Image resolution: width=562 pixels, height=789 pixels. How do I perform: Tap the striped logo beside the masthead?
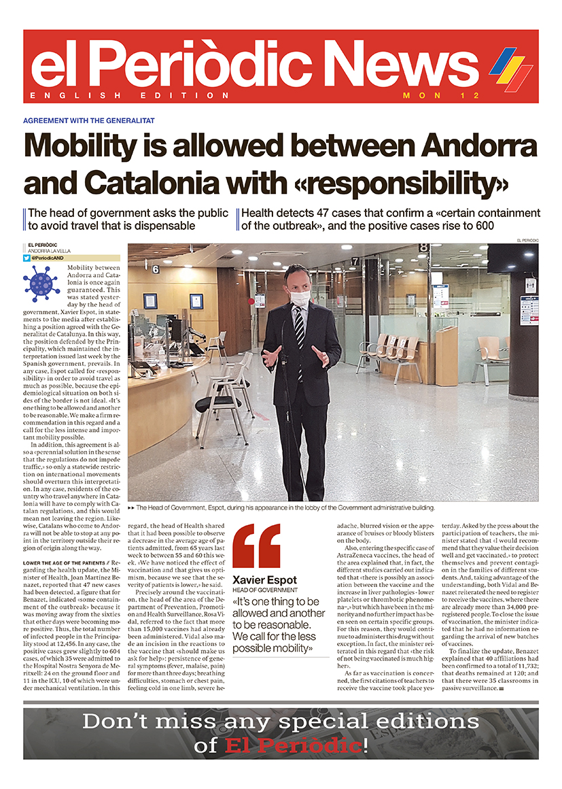click(511, 69)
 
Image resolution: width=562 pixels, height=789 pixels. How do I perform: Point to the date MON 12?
click(432, 96)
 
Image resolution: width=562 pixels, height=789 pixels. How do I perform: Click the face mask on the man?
click(300, 298)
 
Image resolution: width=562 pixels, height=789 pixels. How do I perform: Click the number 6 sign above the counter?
click(155, 270)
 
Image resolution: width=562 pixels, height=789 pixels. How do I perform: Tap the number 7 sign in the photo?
click(355, 261)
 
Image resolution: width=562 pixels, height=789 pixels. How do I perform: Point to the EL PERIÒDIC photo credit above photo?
click(527, 240)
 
